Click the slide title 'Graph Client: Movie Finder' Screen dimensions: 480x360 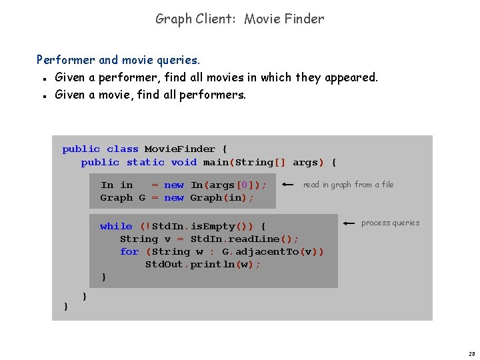[x=240, y=19]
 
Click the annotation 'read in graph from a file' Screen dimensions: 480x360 [x=348, y=185]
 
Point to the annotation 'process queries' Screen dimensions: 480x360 [x=390, y=223]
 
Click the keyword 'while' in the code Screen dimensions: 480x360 [x=116, y=227]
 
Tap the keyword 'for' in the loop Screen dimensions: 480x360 [x=129, y=251]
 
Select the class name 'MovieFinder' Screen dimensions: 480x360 [x=180, y=149]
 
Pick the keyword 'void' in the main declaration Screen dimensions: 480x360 [x=184, y=162]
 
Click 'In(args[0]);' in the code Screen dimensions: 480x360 [x=229, y=185]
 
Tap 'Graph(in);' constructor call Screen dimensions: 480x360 [x=223, y=197]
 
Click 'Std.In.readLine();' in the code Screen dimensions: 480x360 [x=245, y=239]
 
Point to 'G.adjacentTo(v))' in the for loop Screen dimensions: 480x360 [x=273, y=251]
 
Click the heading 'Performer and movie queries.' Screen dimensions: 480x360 [x=118, y=60]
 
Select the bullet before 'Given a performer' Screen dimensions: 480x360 [x=42, y=78]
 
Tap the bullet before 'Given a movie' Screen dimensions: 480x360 [x=42, y=95]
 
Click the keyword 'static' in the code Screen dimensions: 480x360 [x=145, y=162]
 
